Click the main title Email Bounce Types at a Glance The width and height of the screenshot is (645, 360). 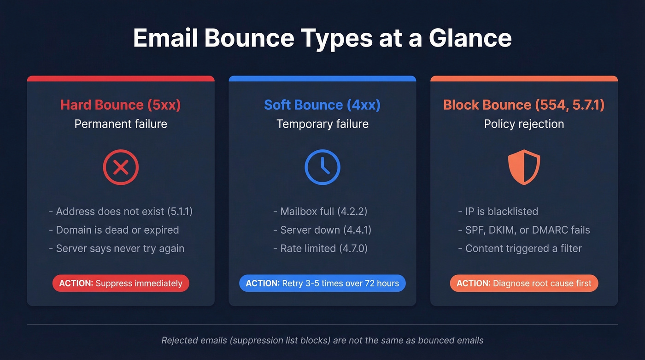pyautogui.click(x=322, y=38)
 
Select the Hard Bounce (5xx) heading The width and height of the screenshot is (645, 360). pyautogui.click(x=120, y=105)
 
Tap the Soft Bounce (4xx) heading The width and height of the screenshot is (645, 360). pyautogui.click(x=322, y=105)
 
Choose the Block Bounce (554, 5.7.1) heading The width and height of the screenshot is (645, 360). pyautogui.click(x=524, y=105)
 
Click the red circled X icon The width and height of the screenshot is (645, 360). pyautogui.click(x=121, y=167)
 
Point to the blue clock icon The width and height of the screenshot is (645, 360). pyautogui.click(x=322, y=167)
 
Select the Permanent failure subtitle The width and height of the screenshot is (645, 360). pyautogui.click(x=120, y=124)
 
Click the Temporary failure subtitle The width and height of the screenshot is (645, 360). pyautogui.click(x=322, y=124)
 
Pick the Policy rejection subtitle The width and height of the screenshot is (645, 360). pyautogui.click(x=524, y=124)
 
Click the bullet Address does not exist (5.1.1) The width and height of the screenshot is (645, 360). pyautogui.click(x=121, y=212)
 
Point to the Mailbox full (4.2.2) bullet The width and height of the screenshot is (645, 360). pyautogui.click(x=320, y=212)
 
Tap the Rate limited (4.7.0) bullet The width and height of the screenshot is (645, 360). pyautogui.click(x=321, y=248)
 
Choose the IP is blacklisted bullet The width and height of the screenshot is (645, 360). pyautogui.click(x=498, y=212)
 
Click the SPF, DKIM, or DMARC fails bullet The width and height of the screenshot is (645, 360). pyautogui.click(x=524, y=230)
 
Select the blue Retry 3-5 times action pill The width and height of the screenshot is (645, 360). pyautogui.click(x=322, y=283)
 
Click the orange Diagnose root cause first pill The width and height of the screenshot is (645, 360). pyautogui.click(x=524, y=283)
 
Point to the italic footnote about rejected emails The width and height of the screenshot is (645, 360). pyautogui.click(x=322, y=341)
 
